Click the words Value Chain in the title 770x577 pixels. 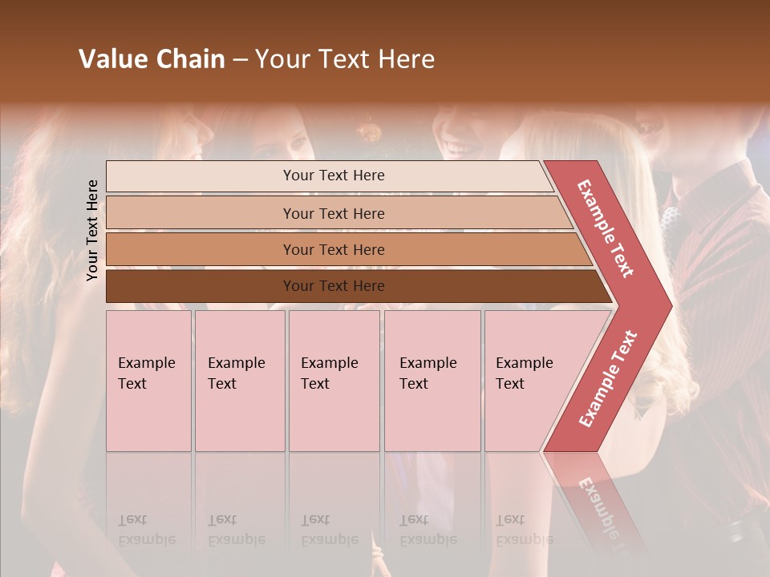point(152,59)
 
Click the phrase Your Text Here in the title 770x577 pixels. point(345,59)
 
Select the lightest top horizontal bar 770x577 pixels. point(201,176)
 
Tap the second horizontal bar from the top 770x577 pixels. point(201,213)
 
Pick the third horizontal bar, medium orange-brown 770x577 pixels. point(201,249)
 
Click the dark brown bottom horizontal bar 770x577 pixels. point(201,286)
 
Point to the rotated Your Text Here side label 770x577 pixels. point(92,231)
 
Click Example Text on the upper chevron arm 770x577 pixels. point(606,228)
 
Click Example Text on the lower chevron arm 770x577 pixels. point(608,378)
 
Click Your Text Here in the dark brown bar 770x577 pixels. point(334,286)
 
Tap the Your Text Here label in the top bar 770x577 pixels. point(334,176)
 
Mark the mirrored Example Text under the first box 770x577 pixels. point(147,530)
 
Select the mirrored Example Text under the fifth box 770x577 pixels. point(524,530)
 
